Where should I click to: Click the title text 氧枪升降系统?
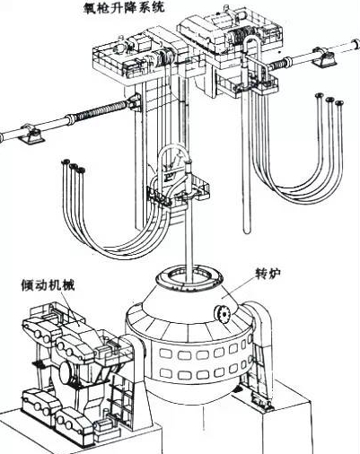click(125, 7)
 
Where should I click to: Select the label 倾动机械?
click(48, 285)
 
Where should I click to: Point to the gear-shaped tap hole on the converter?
click(222, 314)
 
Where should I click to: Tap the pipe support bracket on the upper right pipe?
click(325, 57)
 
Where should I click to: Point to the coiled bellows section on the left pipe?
click(101, 110)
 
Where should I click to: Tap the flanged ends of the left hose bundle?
click(73, 166)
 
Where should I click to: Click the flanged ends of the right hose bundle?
click(329, 100)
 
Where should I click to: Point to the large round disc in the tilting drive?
click(66, 372)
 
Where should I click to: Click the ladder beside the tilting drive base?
click(119, 394)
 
